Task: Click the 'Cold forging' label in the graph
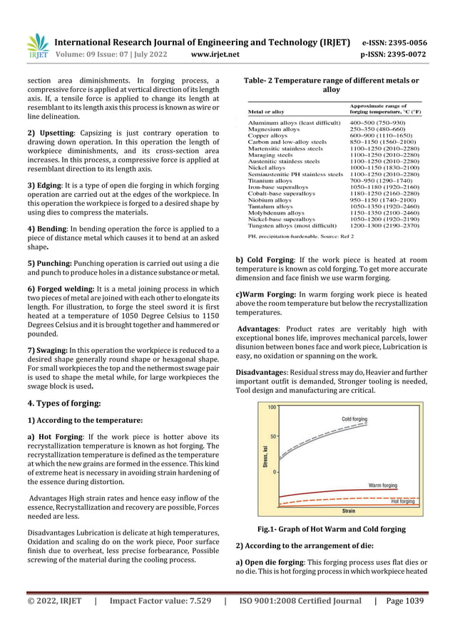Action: (357, 418)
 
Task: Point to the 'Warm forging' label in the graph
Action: (382, 485)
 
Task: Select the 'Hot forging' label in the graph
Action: (402, 501)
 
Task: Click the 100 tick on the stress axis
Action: (272, 407)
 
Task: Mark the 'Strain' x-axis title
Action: (349, 510)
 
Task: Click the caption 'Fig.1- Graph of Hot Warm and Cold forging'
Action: (332, 530)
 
